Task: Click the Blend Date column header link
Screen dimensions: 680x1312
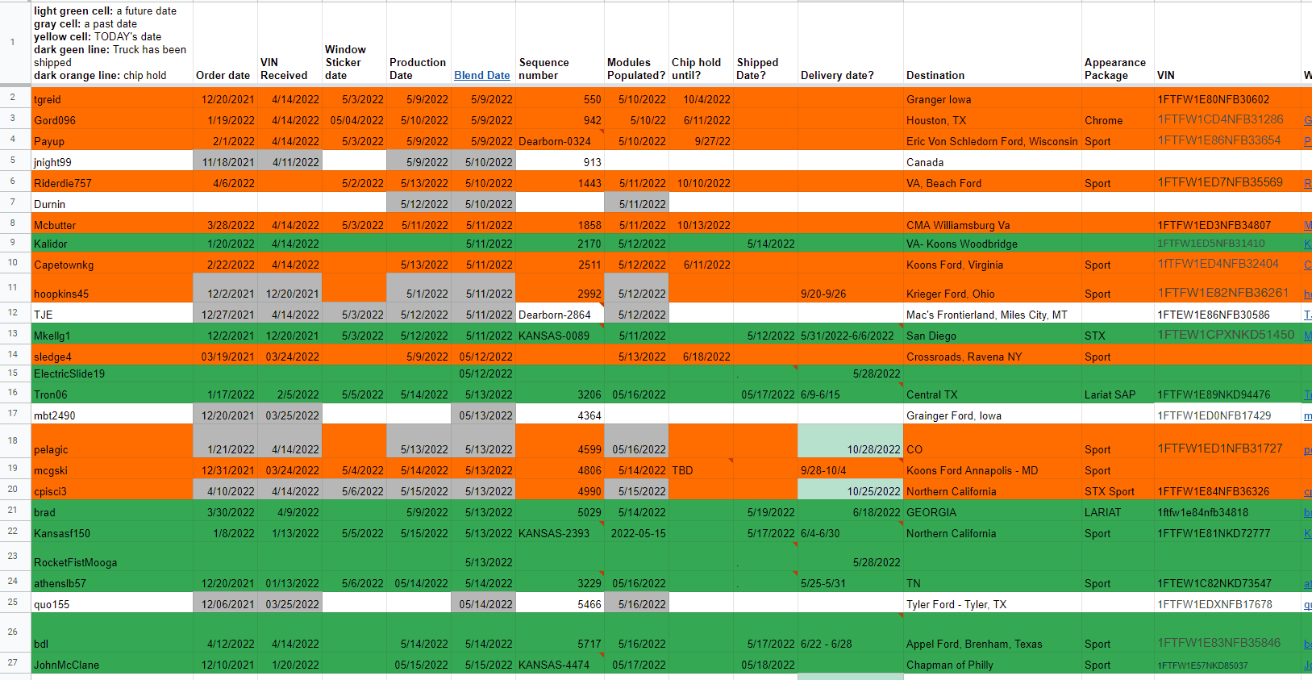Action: pyautogui.click(x=481, y=75)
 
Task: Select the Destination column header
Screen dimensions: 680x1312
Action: pyautogui.click(x=935, y=75)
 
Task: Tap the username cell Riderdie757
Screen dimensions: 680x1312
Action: pyautogui.click(x=63, y=183)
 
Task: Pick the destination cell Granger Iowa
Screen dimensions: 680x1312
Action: pyautogui.click(x=939, y=99)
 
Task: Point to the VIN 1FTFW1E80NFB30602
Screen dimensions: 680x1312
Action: pyautogui.click(x=1213, y=99)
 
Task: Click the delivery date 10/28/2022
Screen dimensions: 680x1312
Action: pyautogui.click(x=873, y=449)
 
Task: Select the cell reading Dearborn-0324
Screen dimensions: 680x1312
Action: pyautogui.click(x=555, y=141)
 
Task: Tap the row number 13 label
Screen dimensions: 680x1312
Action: pyautogui.click(x=13, y=333)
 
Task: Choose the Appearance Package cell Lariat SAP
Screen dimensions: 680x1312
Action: pyautogui.click(x=1110, y=394)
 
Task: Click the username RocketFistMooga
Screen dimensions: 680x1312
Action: pyautogui.click(x=75, y=562)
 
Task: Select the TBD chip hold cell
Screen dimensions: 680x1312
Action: pyautogui.click(x=682, y=470)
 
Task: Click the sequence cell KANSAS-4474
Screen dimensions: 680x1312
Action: pyautogui.click(x=554, y=665)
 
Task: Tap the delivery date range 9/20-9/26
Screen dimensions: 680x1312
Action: pyautogui.click(x=823, y=294)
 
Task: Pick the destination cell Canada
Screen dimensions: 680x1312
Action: pyautogui.click(x=925, y=162)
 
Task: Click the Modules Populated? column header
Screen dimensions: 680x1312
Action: pyautogui.click(x=635, y=69)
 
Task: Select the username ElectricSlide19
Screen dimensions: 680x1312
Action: pyautogui.click(x=69, y=373)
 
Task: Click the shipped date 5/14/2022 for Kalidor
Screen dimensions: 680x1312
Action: pyautogui.click(x=771, y=244)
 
